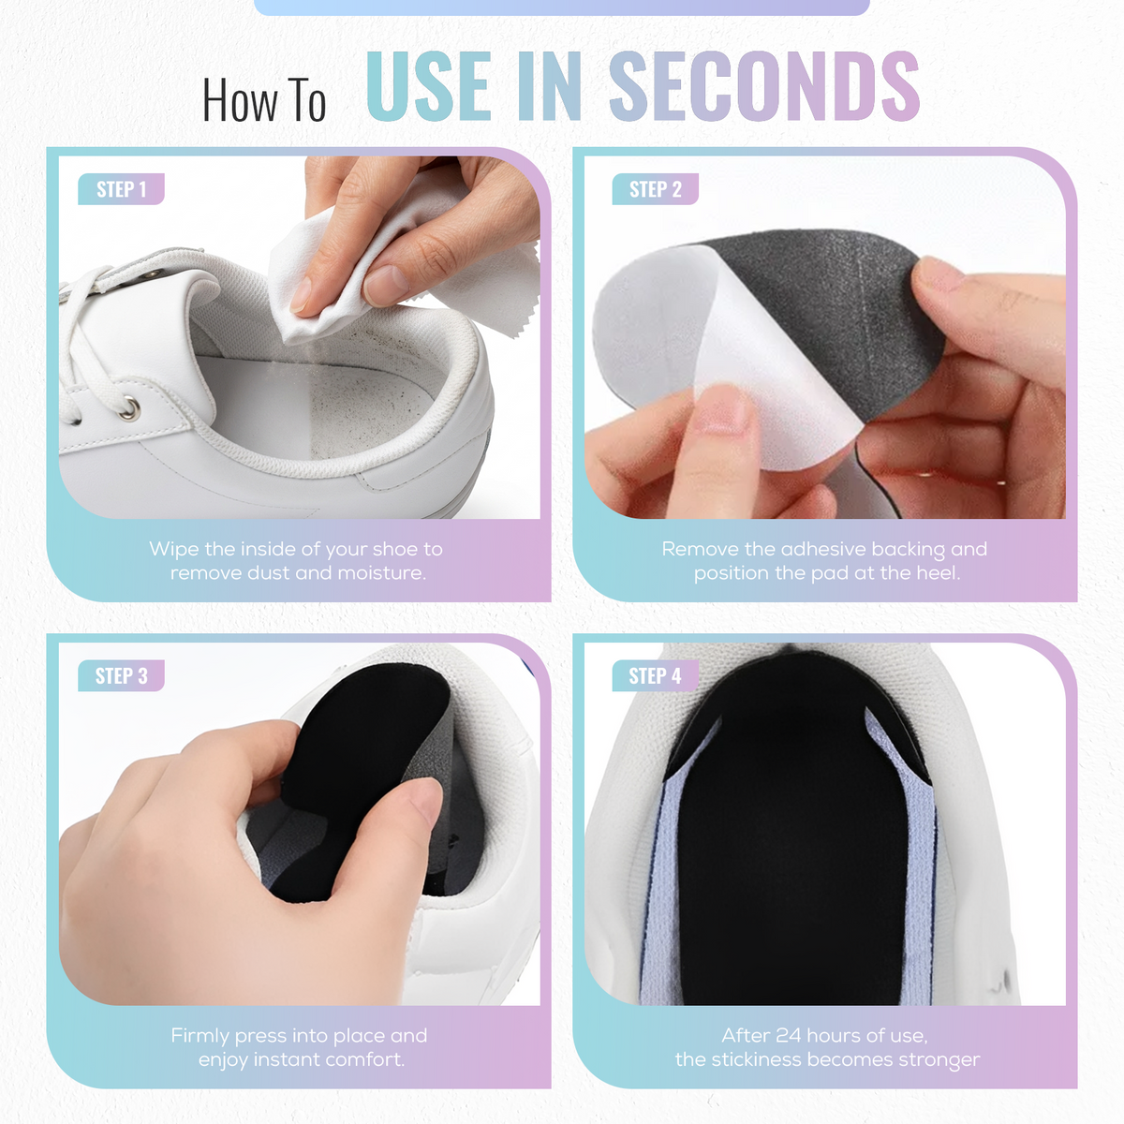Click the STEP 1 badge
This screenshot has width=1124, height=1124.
[x=122, y=189]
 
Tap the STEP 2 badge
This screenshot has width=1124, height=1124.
[x=655, y=189]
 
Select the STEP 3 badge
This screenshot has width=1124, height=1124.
[x=122, y=675]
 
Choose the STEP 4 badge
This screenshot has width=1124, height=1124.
[x=655, y=675]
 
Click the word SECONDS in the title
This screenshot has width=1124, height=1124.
[x=764, y=86]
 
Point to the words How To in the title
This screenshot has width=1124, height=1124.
[x=263, y=100]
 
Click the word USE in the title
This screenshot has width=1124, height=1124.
[x=427, y=86]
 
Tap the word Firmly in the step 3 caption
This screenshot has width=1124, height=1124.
[x=200, y=1036]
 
